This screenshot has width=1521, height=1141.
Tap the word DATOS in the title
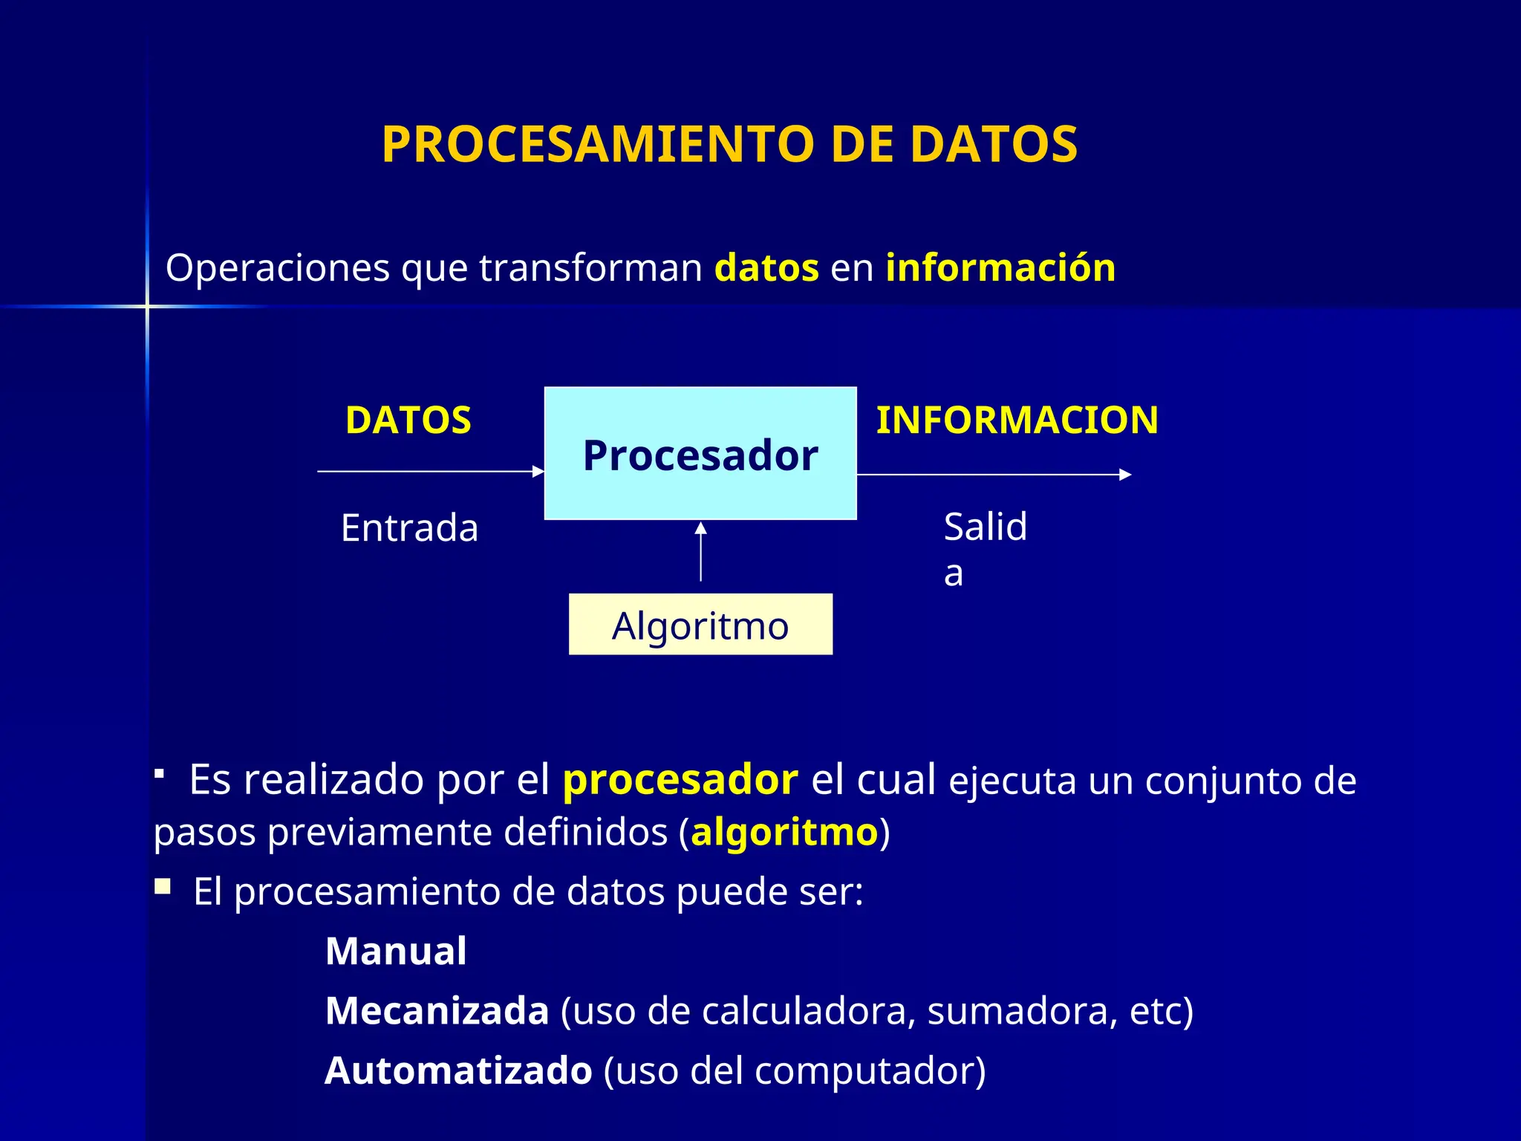point(993,144)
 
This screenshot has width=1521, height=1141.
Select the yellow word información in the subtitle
point(1000,267)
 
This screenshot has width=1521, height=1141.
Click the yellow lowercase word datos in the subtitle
point(766,267)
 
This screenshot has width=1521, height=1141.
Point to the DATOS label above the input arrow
point(408,420)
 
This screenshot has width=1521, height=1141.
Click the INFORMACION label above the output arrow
point(1017,420)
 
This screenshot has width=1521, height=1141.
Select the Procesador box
point(700,454)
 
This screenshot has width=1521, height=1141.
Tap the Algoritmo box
point(700,625)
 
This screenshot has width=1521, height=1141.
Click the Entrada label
point(409,528)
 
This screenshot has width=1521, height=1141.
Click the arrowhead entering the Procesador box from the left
point(539,471)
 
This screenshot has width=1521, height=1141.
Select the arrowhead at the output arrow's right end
point(1125,475)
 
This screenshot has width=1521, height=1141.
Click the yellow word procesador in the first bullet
point(680,781)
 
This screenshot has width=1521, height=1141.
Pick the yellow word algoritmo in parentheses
point(784,832)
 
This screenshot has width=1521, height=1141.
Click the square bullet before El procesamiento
point(163,886)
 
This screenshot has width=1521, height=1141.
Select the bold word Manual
point(396,952)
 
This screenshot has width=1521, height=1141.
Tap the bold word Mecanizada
point(437,1011)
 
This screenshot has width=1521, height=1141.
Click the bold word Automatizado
point(458,1071)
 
